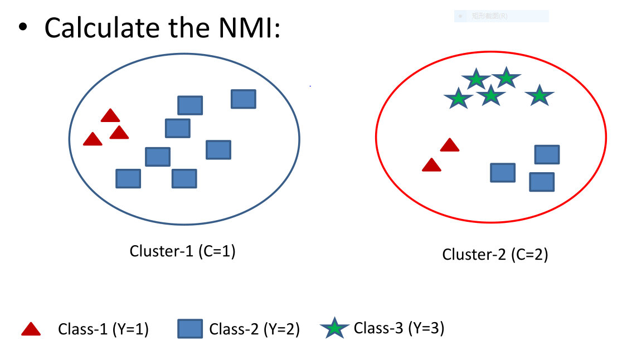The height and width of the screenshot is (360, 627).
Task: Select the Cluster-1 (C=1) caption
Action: pyautogui.click(x=183, y=251)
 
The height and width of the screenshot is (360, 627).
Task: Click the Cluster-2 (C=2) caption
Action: pyautogui.click(x=495, y=255)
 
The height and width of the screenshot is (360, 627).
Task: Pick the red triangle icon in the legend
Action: pyautogui.click(x=31, y=330)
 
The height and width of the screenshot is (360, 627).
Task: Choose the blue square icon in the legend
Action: pyautogui.click(x=190, y=329)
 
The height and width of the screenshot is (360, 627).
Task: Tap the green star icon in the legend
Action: pyautogui.click(x=334, y=329)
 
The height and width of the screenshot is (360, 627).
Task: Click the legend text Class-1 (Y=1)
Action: pyautogui.click(x=103, y=330)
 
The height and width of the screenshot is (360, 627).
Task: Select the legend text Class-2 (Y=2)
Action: pyautogui.click(x=255, y=330)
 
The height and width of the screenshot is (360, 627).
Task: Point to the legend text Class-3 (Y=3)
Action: pyautogui.click(x=399, y=328)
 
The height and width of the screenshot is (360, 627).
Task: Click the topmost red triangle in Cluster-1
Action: pyautogui.click(x=110, y=116)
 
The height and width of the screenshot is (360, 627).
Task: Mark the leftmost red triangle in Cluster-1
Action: pyautogui.click(x=93, y=139)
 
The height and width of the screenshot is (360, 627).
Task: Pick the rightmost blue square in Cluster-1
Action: pyautogui.click(x=244, y=99)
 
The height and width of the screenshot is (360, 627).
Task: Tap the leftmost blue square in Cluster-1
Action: pyautogui.click(x=128, y=178)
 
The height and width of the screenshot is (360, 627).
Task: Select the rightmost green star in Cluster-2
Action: pyautogui.click(x=539, y=96)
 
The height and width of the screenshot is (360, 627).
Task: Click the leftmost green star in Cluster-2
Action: pyautogui.click(x=458, y=99)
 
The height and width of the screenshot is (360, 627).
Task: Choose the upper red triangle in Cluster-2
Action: pyautogui.click(x=450, y=145)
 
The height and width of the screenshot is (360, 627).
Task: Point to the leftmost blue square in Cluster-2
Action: pyautogui.click(x=503, y=173)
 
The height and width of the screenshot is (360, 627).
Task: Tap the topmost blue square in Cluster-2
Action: pyautogui.click(x=547, y=154)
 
